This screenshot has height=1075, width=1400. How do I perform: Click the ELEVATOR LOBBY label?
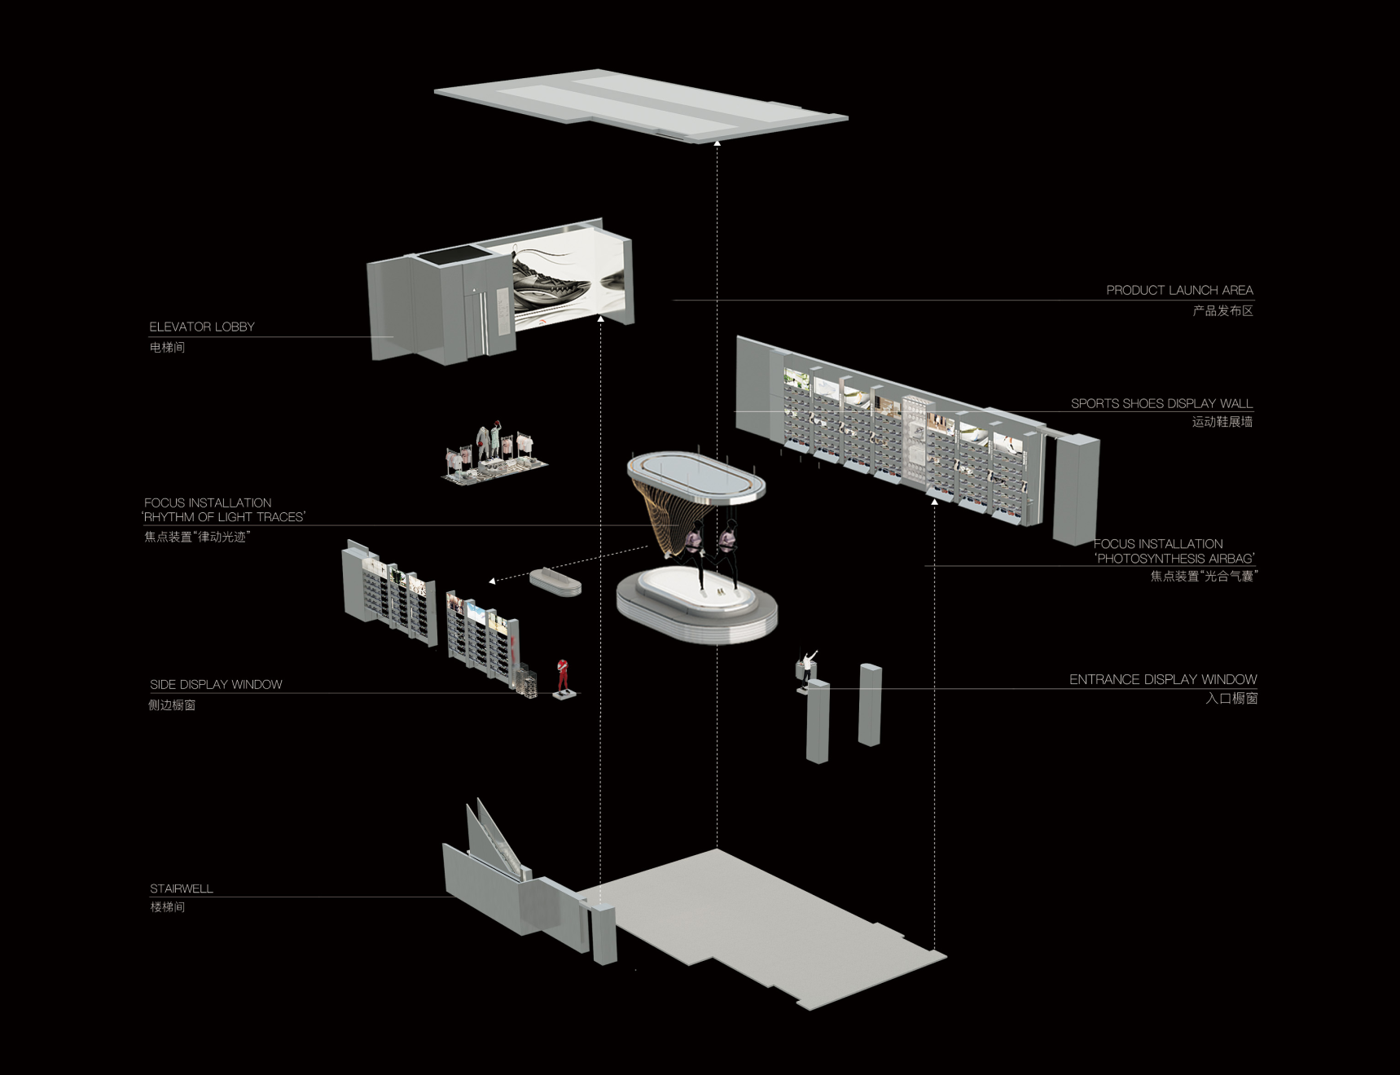pyautogui.click(x=202, y=327)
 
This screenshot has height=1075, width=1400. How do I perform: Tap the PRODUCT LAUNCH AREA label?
pyautogui.click(x=1179, y=290)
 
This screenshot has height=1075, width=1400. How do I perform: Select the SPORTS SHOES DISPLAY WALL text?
pyautogui.click(x=1161, y=403)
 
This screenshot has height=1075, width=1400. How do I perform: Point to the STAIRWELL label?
pyautogui.click(x=181, y=889)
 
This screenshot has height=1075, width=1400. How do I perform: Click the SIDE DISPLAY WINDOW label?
pyautogui.click(x=216, y=684)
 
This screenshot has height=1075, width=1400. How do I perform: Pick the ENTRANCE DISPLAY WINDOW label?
pyautogui.click(x=1163, y=679)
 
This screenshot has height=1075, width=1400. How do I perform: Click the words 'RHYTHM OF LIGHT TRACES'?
pyautogui.click(x=224, y=517)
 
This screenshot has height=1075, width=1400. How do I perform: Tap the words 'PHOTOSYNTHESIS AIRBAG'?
pyautogui.click(x=1174, y=559)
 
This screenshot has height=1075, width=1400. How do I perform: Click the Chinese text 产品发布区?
pyautogui.click(x=1222, y=310)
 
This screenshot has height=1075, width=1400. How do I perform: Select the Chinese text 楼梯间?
pyautogui.click(x=167, y=906)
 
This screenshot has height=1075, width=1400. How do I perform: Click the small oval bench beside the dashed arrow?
pyautogui.click(x=555, y=581)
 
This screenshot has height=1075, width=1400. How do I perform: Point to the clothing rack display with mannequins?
pyautogui.click(x=494, y=454)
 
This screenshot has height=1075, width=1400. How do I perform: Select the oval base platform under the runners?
pyautogui.click(x=696, y=605)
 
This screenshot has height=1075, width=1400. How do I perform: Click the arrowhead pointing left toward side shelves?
pyautogui.click(x=492, y=581)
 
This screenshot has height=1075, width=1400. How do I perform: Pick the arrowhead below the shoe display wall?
pyautogui.click(x=934, y=502)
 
